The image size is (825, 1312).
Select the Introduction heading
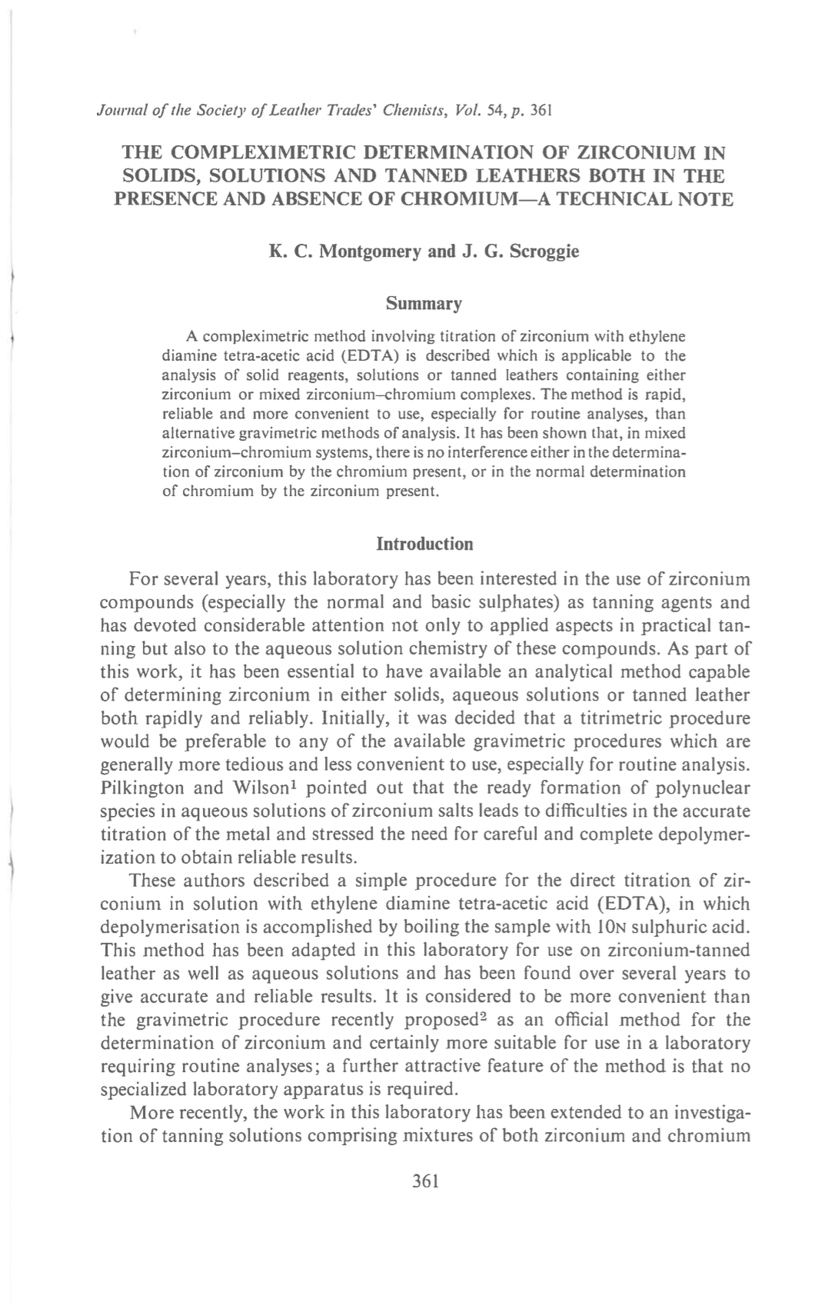coord(424,544)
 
